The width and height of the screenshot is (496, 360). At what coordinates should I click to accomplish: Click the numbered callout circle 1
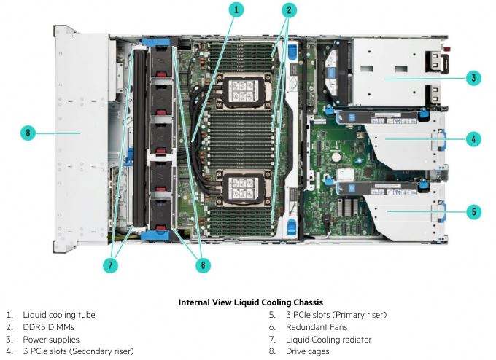[236, 9]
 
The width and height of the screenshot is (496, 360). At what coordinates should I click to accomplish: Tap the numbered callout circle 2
[289, 10]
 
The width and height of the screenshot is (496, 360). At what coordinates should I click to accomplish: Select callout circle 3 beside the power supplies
[473, 78]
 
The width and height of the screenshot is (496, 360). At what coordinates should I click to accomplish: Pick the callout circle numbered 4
[473, 139]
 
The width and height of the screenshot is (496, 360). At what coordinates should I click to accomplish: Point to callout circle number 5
[474, 211]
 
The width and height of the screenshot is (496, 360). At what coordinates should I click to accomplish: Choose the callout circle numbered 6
[203, 265]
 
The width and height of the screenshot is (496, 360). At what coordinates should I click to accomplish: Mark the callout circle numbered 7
[110, 265]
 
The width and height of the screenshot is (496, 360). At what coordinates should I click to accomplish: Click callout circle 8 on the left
[28, 133]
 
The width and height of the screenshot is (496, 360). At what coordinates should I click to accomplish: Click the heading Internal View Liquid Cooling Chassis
[250, 302]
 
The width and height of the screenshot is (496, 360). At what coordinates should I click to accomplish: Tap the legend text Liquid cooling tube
[59, 315]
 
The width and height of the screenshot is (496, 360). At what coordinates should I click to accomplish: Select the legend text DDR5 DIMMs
[48, 327]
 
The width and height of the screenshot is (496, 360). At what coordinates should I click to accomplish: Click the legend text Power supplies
[51, 340]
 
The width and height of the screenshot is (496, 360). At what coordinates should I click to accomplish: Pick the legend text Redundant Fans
[317, 327]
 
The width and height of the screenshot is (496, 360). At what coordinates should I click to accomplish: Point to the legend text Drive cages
[307, 351]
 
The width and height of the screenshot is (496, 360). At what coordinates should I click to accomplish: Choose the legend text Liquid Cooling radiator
[328, 340]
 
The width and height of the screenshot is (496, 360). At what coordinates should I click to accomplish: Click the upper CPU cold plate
[242, 91]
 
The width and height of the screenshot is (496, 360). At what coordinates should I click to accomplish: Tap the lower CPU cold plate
[243, 188]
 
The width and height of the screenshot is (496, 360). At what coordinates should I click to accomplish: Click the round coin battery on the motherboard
[336, 157]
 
